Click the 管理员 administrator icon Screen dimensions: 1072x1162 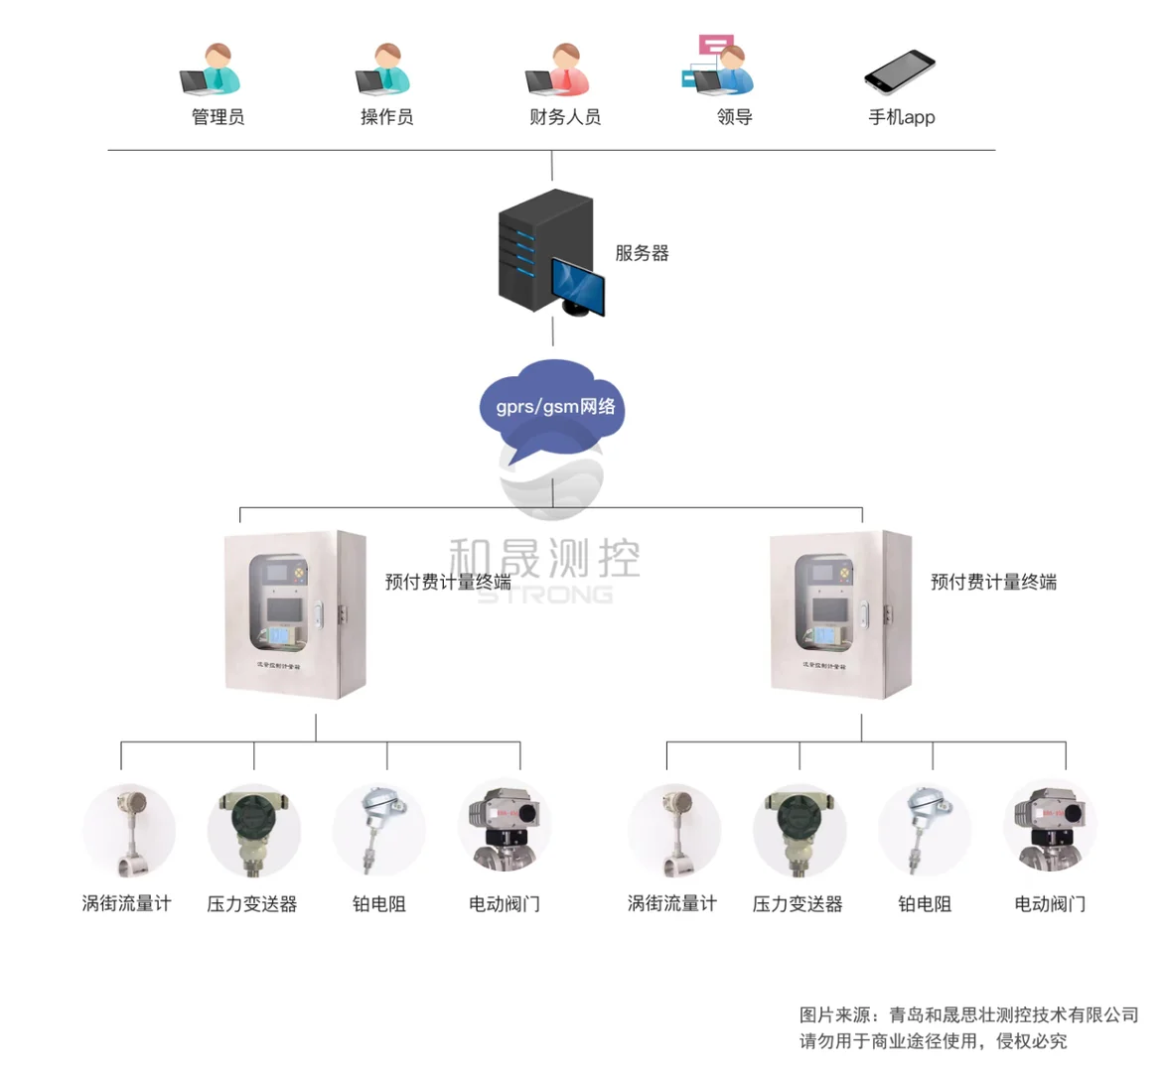[212, 70]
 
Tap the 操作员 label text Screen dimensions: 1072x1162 [386, 117]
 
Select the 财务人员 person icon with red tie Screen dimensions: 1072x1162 [558, 70]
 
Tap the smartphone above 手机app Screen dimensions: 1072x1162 [901, 70]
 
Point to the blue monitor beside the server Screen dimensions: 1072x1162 [579, 286]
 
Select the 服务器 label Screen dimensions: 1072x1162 [642, 253]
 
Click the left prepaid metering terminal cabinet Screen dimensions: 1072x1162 [295, 614]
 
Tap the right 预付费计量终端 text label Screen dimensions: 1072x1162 [993, 582]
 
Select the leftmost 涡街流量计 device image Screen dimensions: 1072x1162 [129, 832]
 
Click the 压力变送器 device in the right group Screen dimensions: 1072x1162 [799, 832]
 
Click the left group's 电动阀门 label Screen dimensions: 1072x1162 [505, 904]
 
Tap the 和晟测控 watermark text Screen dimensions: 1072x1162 [544, 559]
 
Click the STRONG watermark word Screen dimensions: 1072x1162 [545, 595]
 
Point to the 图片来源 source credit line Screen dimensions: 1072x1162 [968, 1014]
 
